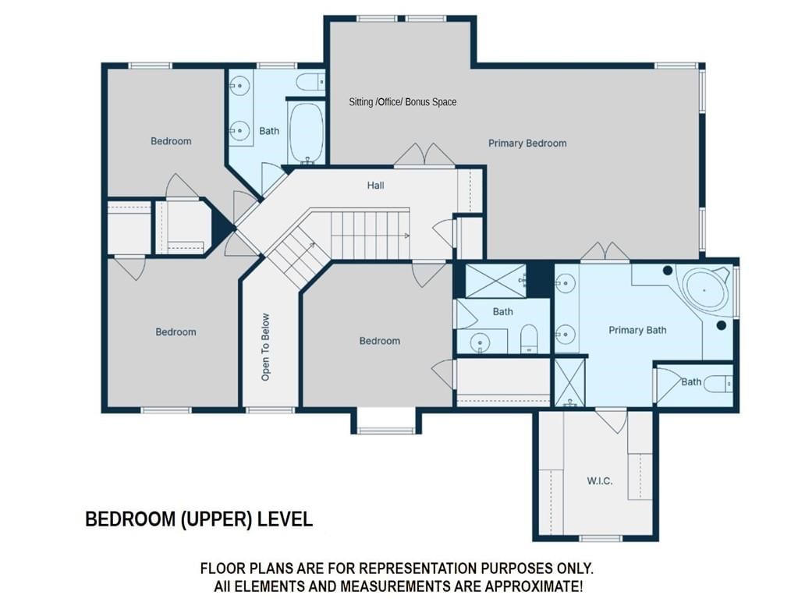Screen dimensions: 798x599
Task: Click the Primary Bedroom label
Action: pos(527,144)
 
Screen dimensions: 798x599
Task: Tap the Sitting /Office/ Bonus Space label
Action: pos(403,102)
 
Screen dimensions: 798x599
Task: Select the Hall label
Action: pos(375,186)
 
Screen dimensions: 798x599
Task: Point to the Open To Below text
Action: pos(265,346)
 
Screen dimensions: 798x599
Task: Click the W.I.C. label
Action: pos(600,481)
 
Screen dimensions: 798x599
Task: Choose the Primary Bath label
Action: pos(637,330)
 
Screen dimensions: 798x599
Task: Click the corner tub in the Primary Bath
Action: pos(705,289)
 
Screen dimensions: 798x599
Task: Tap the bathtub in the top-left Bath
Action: pos(306,133)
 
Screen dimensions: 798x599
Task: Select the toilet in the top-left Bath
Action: pos(310,81)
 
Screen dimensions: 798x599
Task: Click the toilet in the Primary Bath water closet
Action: pos(718,384)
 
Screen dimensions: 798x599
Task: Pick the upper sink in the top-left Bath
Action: pos(239,86)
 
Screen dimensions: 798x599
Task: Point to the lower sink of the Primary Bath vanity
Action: pos(566,334)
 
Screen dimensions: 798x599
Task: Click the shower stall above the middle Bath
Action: pos(496,281)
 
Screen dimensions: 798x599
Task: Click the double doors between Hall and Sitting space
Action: pos(424,154)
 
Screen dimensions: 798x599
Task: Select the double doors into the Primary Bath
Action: pos(605,253)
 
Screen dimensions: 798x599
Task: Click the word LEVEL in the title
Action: pos(285,519)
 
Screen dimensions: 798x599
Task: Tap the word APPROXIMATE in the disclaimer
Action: pos(533,587)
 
